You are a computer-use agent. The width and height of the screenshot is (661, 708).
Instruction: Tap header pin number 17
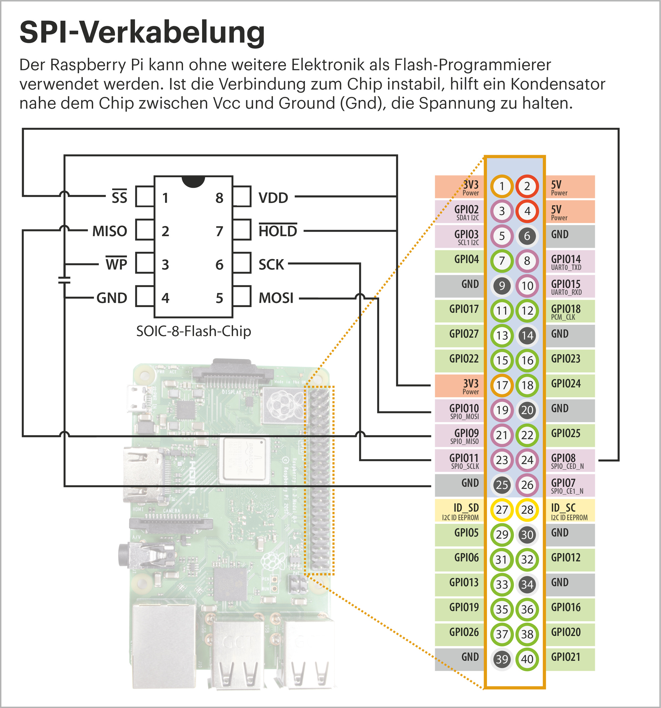pyautogui.click(x=502, y=385)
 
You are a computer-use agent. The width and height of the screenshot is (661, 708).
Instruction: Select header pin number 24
pyautogui.click(x=527, y=460)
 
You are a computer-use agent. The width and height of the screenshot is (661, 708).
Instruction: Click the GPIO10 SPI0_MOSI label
pyautogui.click(x=464, y=411)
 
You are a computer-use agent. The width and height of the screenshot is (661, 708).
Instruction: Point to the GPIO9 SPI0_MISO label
pyautogui.click(x=465, y=436)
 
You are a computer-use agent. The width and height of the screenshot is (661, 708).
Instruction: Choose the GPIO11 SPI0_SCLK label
pyautogui.click(x=464, y=461)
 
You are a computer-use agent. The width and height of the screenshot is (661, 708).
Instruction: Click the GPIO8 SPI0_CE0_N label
pyautogui.click(x=567, y=461)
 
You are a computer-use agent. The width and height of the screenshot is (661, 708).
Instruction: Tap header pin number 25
pyautogui.click(x=502, y=485)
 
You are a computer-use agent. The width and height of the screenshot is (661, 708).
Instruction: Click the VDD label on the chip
pyautogui.click(x=273, y=198)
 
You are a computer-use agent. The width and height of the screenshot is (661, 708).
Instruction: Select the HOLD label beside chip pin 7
pyautogui.click(x=278, y=230)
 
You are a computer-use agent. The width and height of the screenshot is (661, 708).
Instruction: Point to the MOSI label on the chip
pyautogui.click(x=276, y=298)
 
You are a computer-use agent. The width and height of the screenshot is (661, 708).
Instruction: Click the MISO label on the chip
pyautogui.click(x=110, y=231)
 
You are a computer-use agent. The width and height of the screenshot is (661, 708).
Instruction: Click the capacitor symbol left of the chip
pyautogui.click(x=64, y=280)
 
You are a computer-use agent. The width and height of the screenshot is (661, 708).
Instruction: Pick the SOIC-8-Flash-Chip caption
pyautogui.click(x=194, y=331)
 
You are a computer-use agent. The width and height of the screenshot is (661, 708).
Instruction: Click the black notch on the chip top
pyautogui.click(x=193, y=181)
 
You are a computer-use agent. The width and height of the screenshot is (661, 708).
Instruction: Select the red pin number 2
pyautogui.click(x=527, y=186)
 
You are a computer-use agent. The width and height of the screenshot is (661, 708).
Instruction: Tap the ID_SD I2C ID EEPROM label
pyautogui.click(x=461, y=511)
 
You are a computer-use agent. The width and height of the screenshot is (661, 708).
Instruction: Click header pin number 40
pyautogui.click(x=527, y=659)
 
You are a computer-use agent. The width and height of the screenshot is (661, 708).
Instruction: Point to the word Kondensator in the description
pyautogui.click(x=558, y=84)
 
